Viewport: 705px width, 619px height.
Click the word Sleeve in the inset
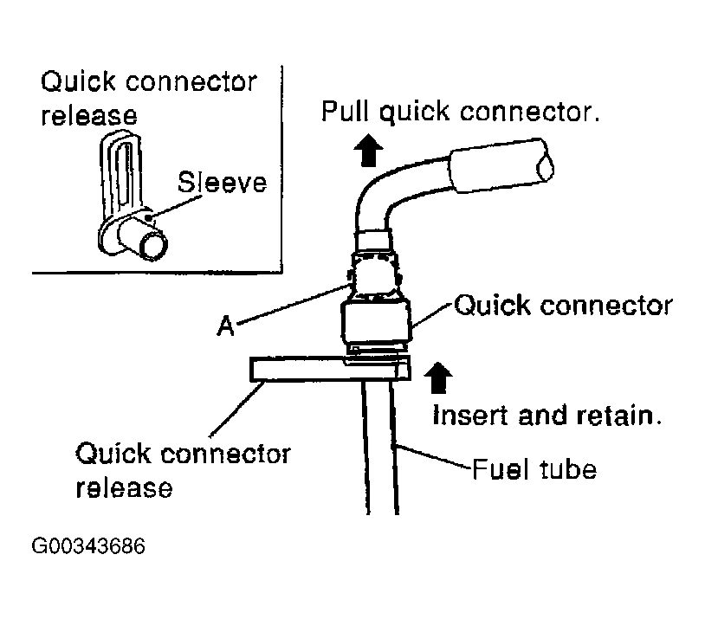tap(222, 183)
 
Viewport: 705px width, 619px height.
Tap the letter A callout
tap(225, 326)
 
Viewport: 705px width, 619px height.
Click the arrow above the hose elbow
tap(368, 150)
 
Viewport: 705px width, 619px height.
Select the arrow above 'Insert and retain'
tap(438, 377)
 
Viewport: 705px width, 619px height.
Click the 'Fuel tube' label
tap(534, 470)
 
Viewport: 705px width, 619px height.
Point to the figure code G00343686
tap(88, 546)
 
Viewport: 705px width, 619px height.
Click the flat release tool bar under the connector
tap(331, 369)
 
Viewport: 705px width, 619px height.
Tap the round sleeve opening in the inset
tap(154, 246)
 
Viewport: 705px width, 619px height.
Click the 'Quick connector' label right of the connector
tap(563, 306)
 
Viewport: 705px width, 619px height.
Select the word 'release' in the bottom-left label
tap(124, 488)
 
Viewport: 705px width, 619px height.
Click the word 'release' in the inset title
tap(89, 115)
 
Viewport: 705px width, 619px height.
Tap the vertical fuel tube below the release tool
tap(380, 448)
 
